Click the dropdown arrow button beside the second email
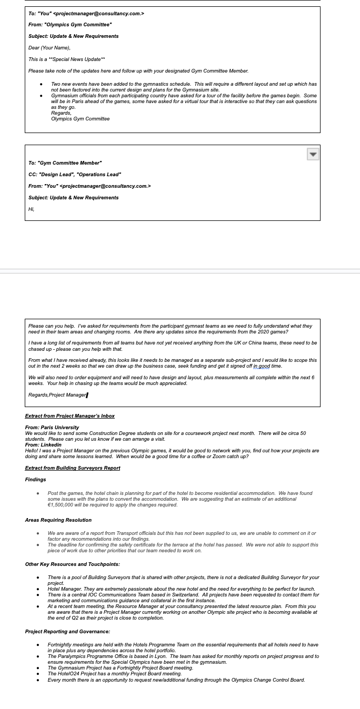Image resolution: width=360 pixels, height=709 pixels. coord(313,154)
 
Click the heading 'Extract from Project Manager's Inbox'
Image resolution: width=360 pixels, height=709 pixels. coord(69,416)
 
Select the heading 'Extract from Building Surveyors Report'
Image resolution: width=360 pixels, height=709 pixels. coord(73,468)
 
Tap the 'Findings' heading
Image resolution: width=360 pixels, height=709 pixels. coord(35,480)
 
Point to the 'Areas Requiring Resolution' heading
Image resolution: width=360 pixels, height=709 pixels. coord(58,520)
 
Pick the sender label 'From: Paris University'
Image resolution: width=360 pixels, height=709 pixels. coord(52,428)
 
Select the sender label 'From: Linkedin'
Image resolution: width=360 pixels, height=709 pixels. coord(43,445)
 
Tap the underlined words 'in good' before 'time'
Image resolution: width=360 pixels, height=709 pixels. coord(262,366)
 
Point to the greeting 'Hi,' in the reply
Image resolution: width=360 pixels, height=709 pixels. coord(32,209)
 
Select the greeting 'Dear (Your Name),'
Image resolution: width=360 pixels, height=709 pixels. coord(49,48)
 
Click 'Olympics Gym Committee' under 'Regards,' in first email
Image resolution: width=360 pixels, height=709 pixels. coord(81,119)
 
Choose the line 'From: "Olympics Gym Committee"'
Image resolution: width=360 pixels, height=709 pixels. coord(70,25)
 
